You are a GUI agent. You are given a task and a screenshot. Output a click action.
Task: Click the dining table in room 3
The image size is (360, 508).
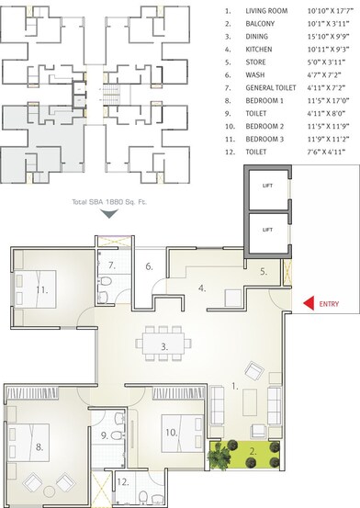click(164, 346)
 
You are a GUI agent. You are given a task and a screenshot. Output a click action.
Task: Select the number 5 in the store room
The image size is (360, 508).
click(263, 271)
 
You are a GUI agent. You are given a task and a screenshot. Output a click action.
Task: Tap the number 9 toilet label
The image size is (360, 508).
click(104, 435)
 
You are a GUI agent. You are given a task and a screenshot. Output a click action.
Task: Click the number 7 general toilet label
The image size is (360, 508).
click(110, 266)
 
